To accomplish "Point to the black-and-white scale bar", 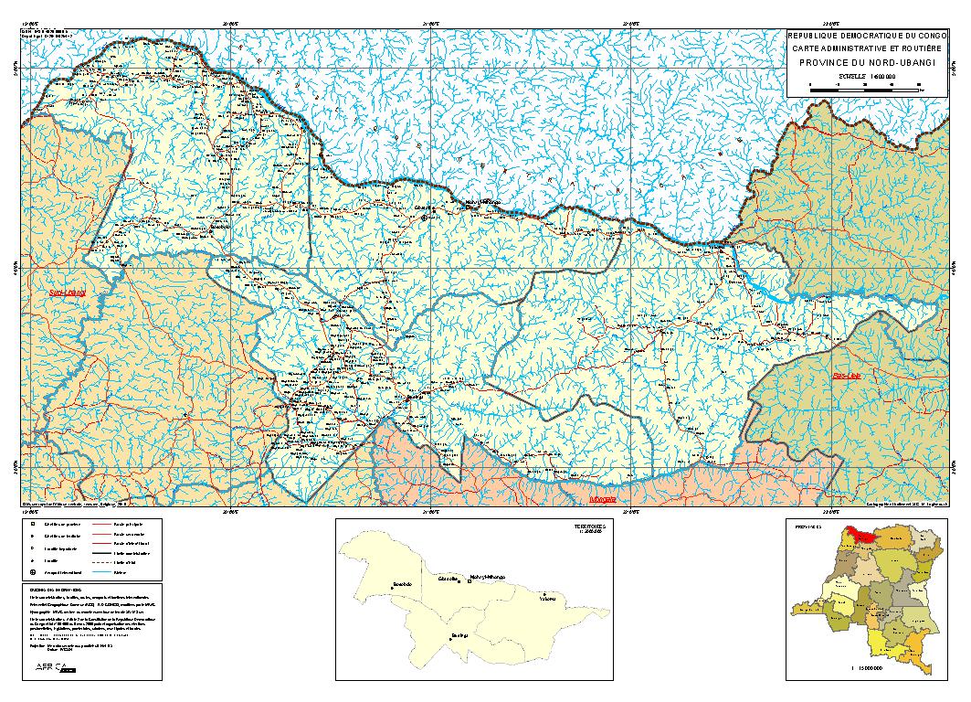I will (x=864, y=87).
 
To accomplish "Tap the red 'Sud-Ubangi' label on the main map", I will (x=68, y=293).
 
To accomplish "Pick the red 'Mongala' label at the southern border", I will (x=603, y=500).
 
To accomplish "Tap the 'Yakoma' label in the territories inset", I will (x=548, y=599).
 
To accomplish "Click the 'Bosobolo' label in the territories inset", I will (x=403, y=584).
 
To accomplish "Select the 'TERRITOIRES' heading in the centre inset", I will (x=589, y=528).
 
